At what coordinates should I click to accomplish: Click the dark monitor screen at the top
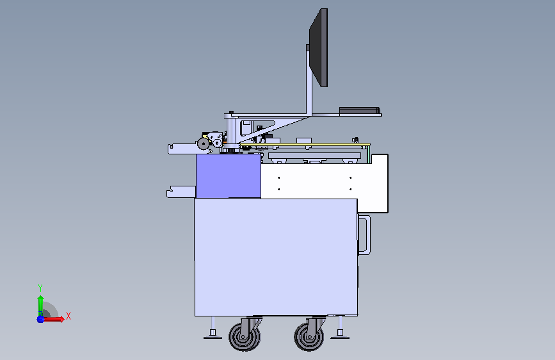(319, 47)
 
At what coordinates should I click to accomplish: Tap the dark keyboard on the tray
(360, 111)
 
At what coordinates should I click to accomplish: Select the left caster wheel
(245, 336)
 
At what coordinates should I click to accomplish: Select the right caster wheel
(309, 336)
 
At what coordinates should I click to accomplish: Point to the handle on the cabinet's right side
(365, 234)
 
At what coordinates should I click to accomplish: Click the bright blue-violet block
(229, 176)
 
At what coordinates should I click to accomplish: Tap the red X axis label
(68, 316)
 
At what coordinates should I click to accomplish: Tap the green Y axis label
(40, 288)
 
